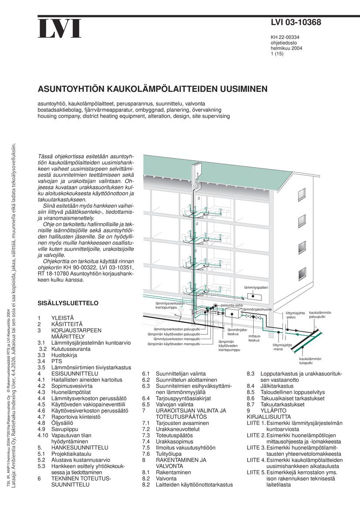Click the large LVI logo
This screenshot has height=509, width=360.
[x=60, y=29]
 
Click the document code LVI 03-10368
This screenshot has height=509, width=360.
[x=295, y=22]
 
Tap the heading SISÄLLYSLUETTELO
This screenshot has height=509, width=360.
[x=68, y=303]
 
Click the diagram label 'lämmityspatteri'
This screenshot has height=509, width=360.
[x=256, y=288]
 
